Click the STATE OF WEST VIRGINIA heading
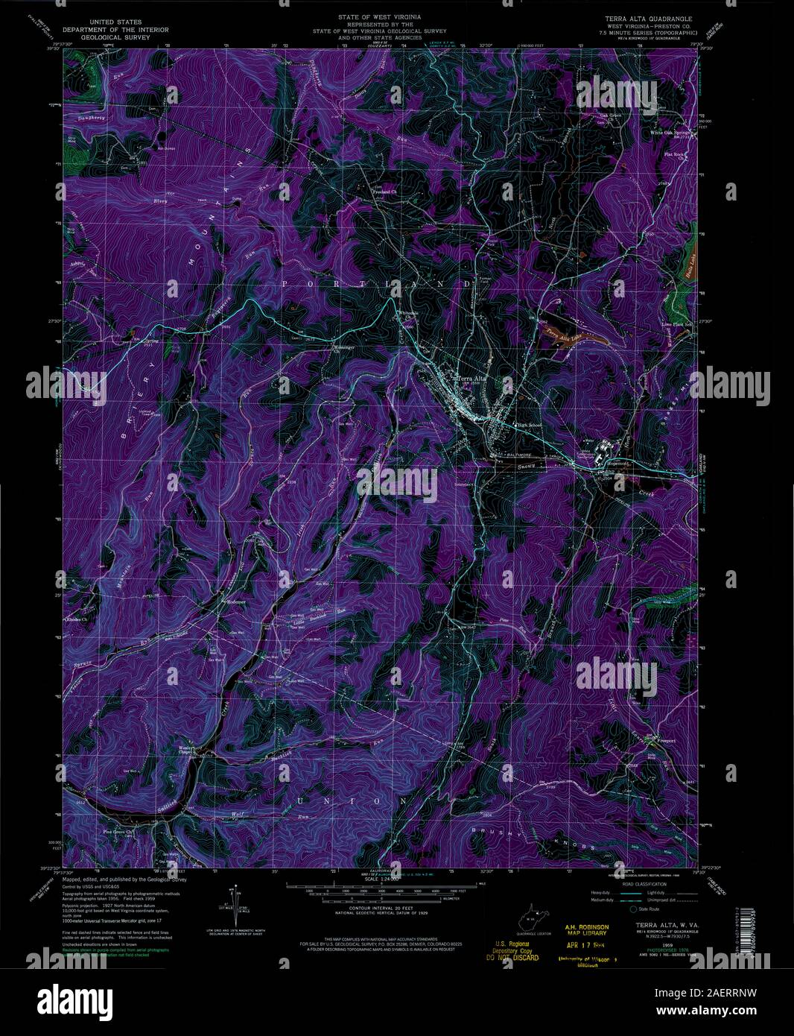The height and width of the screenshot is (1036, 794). (379, 15)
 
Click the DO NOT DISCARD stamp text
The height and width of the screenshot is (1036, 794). (514, 958)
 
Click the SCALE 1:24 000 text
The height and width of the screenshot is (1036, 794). (380, 879)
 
